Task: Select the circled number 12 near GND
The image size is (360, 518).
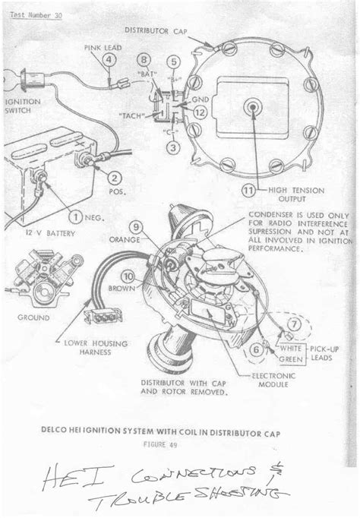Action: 199,113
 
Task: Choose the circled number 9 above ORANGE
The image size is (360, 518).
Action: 136,225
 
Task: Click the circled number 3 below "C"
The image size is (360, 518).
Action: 173,147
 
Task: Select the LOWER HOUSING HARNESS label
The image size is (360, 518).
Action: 96,346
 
